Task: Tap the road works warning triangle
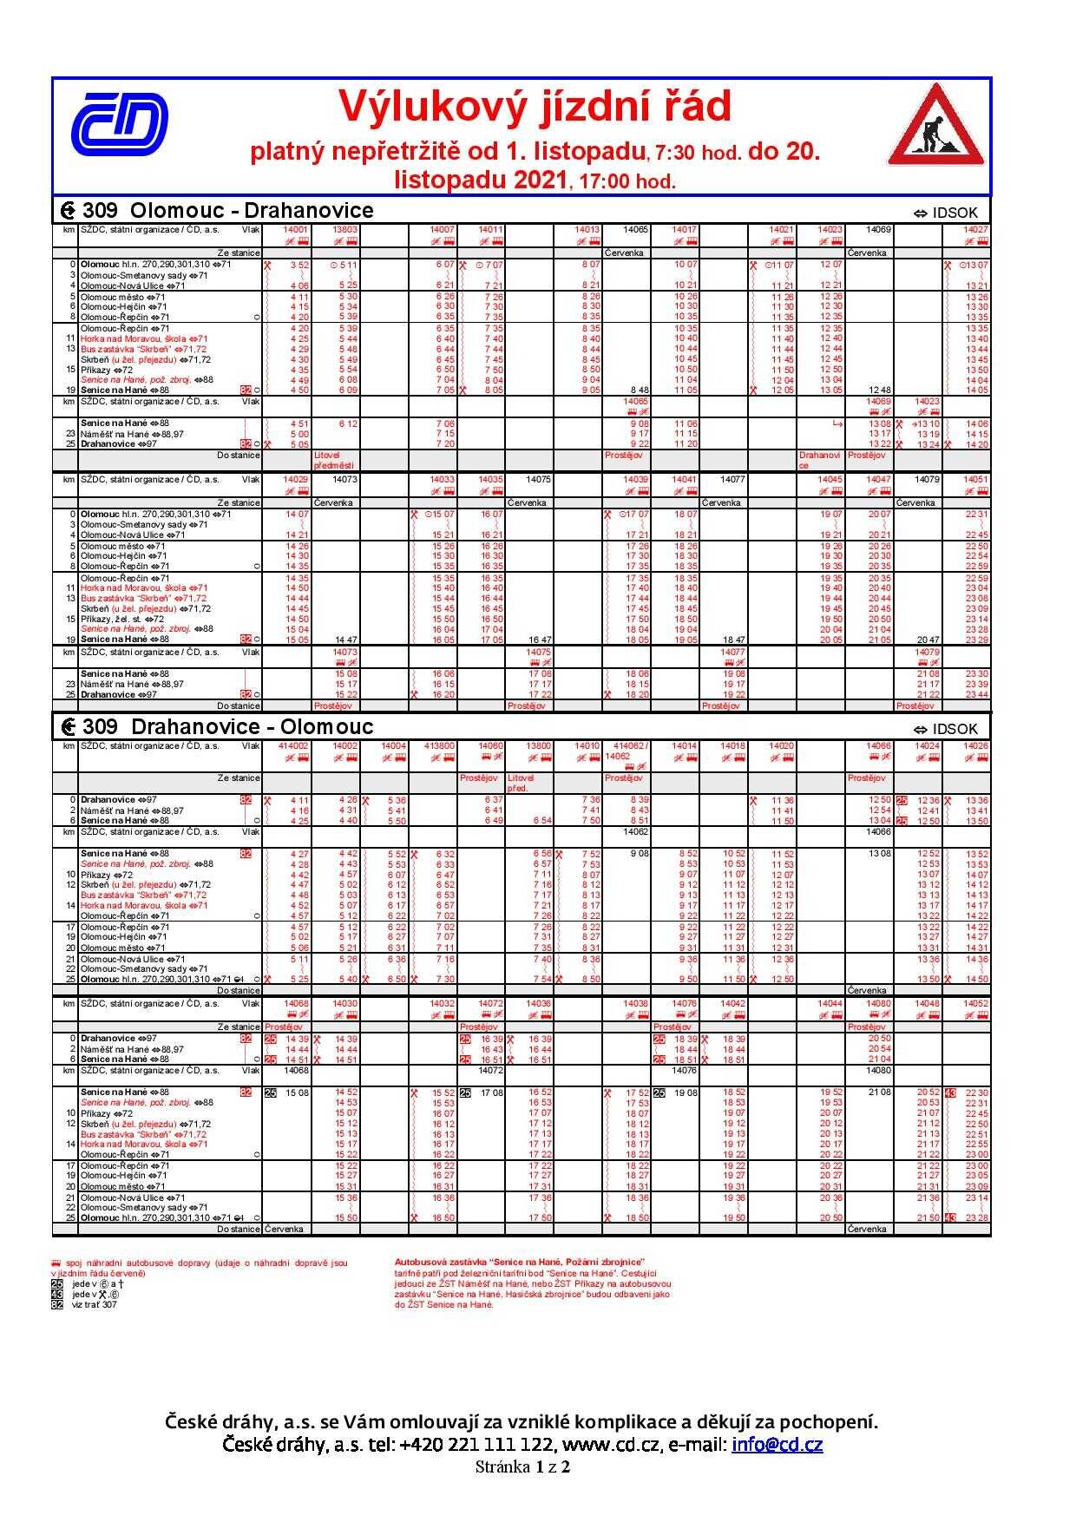pyautogui.click(x=935, y=127)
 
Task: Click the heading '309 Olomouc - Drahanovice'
pyautogui.click(x=227, y=211)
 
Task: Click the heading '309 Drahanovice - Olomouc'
pyautogui.click(x=227, y=726)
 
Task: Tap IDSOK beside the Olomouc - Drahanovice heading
pyautogui.click(x=953, y=213)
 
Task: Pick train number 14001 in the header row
pyautogui.click(x=297, y=230)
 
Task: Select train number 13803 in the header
pyautogui.click(x=345, y=230)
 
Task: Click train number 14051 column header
pyautogui.click(x=976, y=479)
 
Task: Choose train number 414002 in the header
pyautogui.click(x=293, y=745)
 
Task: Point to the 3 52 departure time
pyautogui.click(x=299, y=265)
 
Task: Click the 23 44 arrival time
pyautogui.click(x=977, y=694)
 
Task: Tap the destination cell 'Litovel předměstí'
pyautogui.click(x=329, y=460)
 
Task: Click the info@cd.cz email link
pyautogui.click(x=777, y=1445)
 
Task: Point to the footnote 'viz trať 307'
pyautogui.click(x=94, y=1304)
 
